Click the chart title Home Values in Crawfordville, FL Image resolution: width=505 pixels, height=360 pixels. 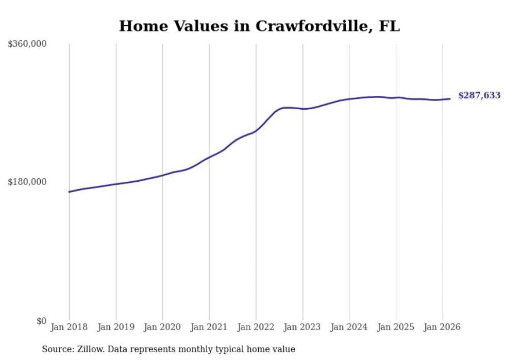click(259, 26)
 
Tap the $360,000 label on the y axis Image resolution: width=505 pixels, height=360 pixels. click(27, 44)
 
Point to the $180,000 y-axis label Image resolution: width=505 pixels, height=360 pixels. click(27, 182)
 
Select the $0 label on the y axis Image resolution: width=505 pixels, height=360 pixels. click(41, 321)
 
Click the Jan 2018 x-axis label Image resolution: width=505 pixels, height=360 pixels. click(69, 327)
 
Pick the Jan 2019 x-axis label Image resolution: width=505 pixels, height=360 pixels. click(115, 327)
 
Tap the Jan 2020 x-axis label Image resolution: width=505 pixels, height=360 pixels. click(162, 327)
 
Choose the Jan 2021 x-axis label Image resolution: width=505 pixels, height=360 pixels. click(209, 327)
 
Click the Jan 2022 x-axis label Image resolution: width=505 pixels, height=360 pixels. click(256, 327)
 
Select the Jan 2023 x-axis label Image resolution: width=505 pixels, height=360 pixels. click(302, 327)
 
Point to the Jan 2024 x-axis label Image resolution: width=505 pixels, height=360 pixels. click(349, 327)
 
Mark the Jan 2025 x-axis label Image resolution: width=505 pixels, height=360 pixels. click(396, 327)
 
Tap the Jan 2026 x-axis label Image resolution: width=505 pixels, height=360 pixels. click(442, 327)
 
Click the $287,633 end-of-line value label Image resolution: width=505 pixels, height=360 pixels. click(479, 96)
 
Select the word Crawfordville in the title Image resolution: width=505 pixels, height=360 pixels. click(314, 26)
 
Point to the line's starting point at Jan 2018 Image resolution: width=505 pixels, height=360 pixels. click(69, 192)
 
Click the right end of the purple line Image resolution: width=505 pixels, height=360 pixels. click(450, 99)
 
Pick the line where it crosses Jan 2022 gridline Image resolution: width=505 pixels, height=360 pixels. click(256, 131)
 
